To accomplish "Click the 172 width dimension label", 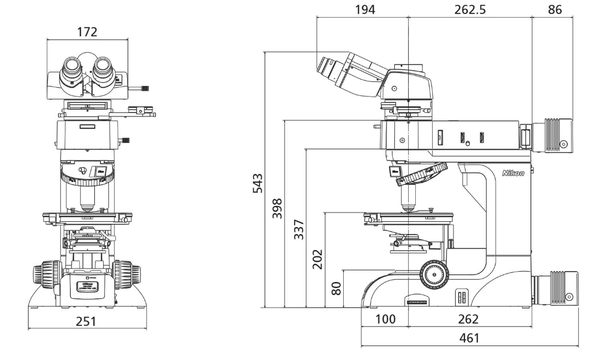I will (x=87, y=32).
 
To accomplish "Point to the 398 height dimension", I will (x=277, y=208).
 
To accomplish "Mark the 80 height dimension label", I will (x=336, y=288).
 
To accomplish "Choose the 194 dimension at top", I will (x=364, y=9).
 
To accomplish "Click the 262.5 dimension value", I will (x=470, y=9).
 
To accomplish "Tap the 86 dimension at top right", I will (x=555, y=9).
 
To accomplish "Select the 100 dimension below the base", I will (x=385, y=319).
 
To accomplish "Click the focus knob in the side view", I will (x=434, y=272).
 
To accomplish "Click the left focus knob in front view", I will (x=46, y=275).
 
